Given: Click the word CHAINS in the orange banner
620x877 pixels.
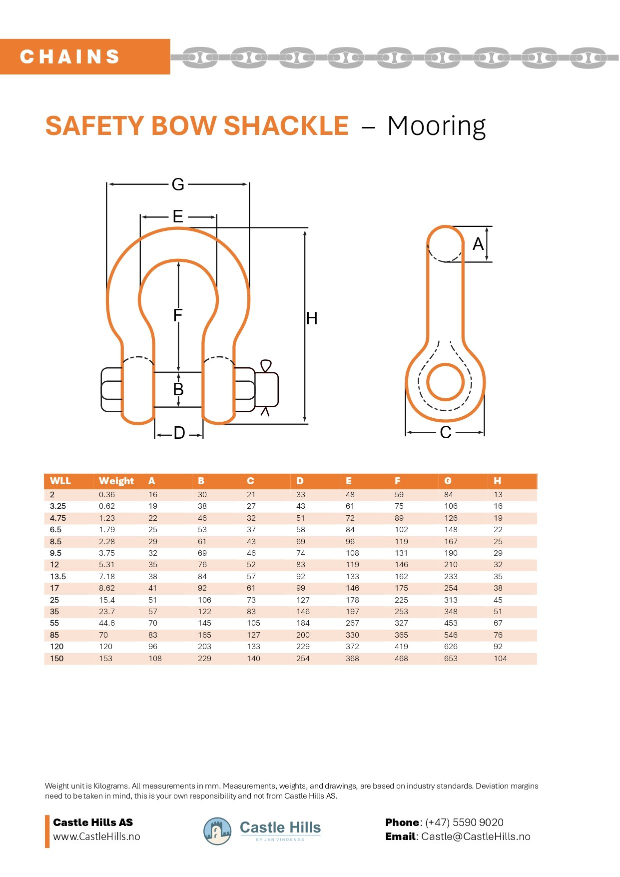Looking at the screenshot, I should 70,56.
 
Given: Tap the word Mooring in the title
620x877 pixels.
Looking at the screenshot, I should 436,126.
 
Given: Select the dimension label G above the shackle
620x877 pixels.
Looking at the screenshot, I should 178,184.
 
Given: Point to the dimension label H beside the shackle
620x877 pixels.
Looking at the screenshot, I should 312,318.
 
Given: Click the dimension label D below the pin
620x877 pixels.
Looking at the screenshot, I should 179,433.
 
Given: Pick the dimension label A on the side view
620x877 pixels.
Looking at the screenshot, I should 478,244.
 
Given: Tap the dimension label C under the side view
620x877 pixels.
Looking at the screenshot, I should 446,432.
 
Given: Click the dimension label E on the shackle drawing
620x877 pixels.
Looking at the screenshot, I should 178,216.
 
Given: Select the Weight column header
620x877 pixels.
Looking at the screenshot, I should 116,481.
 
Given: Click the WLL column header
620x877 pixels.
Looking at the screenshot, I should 60,481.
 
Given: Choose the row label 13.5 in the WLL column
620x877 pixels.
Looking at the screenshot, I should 58,576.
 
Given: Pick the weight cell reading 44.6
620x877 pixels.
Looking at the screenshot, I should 107,623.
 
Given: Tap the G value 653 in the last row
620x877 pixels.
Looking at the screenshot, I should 451,658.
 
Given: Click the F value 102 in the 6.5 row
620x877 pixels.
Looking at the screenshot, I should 401,529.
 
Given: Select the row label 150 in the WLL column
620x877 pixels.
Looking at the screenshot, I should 57,658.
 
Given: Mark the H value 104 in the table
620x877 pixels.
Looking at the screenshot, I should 500,658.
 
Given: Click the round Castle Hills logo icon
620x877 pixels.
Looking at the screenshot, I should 217,832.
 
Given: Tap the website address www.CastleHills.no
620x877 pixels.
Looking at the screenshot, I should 96,837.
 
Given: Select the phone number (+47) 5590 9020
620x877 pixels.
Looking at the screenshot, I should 464,823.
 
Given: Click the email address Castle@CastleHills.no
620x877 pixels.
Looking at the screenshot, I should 476,837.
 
